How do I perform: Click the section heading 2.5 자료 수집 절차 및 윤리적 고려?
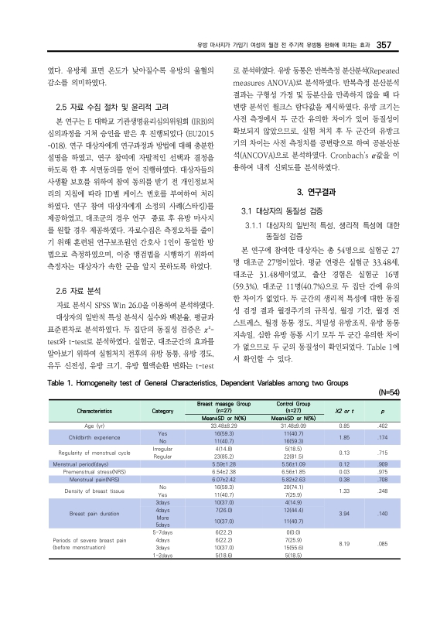click(x=102, y=105)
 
